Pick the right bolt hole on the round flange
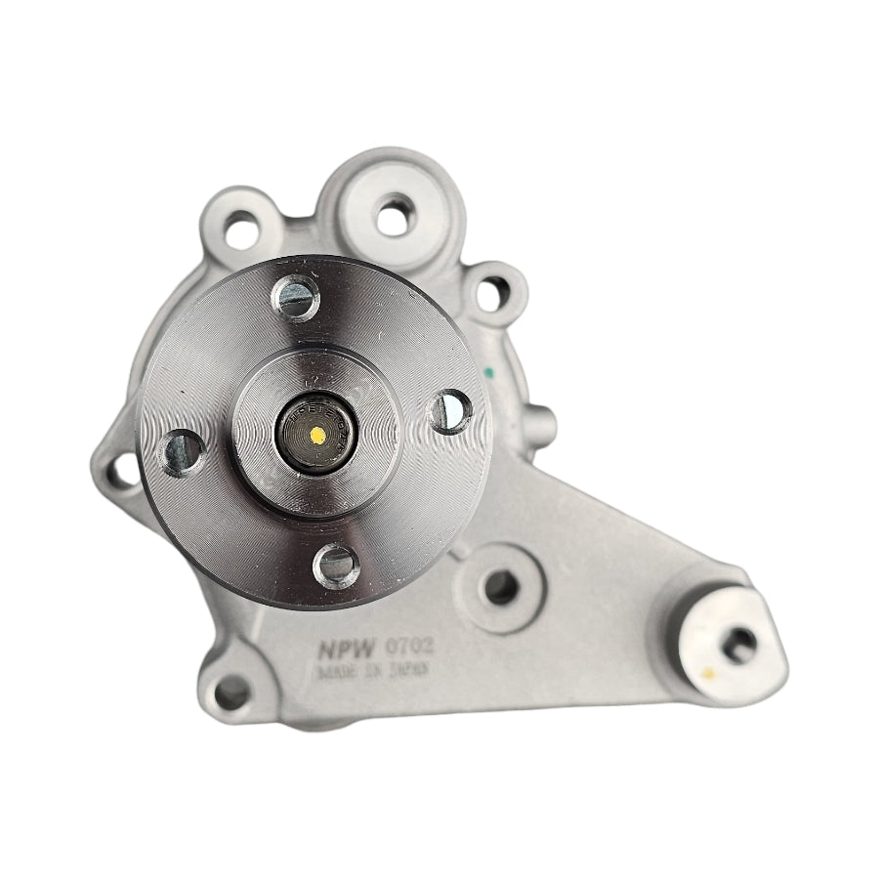450,410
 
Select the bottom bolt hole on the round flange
336,565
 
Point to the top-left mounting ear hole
241,230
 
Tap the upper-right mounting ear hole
493,291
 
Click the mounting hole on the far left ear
122,471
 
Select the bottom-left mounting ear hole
231,692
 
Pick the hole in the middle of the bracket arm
500,588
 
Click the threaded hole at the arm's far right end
739,643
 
